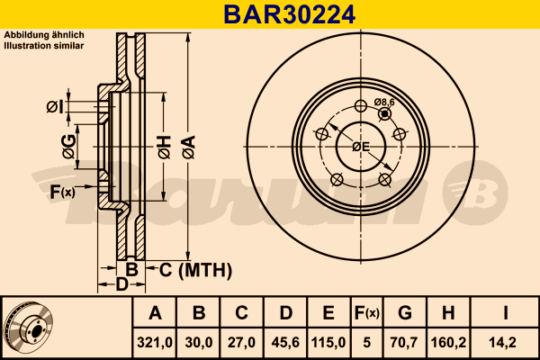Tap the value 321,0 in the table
point(156,343)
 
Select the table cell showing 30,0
point(199,343)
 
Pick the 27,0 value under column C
point(241,343)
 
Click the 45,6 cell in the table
point(284,343)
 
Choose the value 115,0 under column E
point(328,343)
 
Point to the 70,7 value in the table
point(405,343)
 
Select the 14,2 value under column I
point(506,343)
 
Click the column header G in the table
point(405,313)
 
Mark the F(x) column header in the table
point(366,313)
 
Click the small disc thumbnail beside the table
point(28,328)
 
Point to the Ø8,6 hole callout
point(385,103)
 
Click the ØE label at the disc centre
point(361,146)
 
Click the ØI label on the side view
point(55,108)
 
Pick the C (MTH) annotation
point(195,269)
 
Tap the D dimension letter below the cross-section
point(121,285)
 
